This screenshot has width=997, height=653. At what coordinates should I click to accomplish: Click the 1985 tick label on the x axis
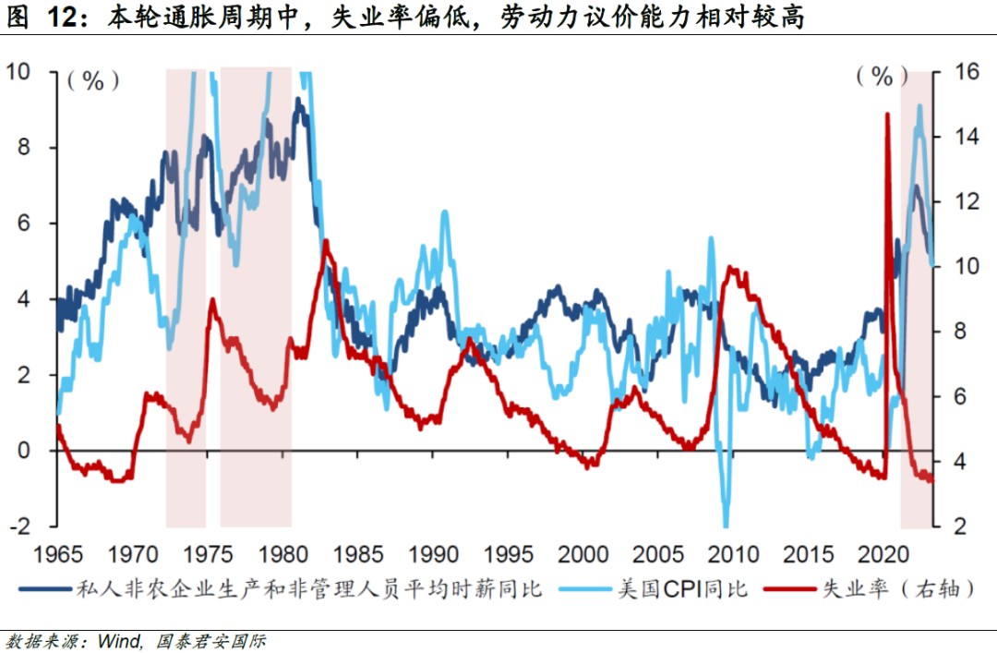tap(358, 554)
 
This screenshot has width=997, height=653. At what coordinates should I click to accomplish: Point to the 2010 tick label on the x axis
tap(734, 554)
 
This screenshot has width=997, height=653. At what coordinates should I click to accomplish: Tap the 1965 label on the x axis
tap(57, 554)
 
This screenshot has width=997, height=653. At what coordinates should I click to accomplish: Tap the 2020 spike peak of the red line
tap(887, 115)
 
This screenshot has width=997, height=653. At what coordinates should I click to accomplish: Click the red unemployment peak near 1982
tap(325, 243)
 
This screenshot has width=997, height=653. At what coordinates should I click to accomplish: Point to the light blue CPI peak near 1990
tap(445, 212)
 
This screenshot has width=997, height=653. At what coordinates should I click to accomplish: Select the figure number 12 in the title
tap(54, 16)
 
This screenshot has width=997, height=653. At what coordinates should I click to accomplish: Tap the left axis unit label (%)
tap(92, 80)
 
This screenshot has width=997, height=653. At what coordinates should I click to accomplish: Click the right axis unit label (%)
tap(874, 77)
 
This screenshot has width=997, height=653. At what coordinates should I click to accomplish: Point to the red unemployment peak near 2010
tap(731, 268)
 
